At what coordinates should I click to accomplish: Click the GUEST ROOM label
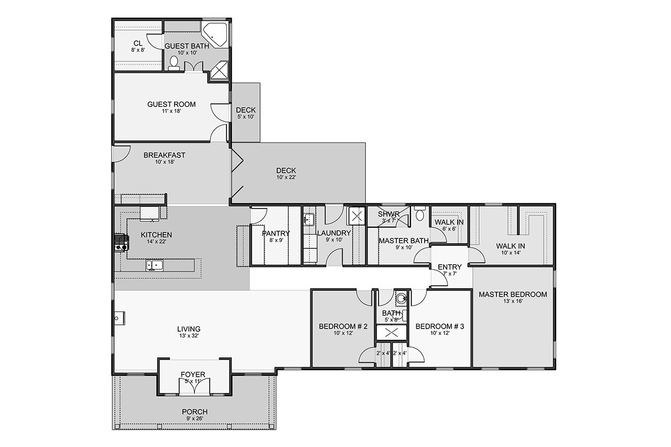171,104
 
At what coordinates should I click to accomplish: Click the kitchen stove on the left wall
121,243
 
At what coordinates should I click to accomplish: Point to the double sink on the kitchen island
155,266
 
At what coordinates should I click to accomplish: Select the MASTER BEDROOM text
512,294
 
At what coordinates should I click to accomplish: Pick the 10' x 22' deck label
286,170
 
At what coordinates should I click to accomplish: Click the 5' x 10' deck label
245,110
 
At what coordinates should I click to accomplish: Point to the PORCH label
194,412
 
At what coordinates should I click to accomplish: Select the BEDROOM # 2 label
343,326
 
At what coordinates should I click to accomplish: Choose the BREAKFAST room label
164,155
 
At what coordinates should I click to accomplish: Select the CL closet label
138,43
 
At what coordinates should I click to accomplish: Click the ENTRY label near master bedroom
450,267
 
